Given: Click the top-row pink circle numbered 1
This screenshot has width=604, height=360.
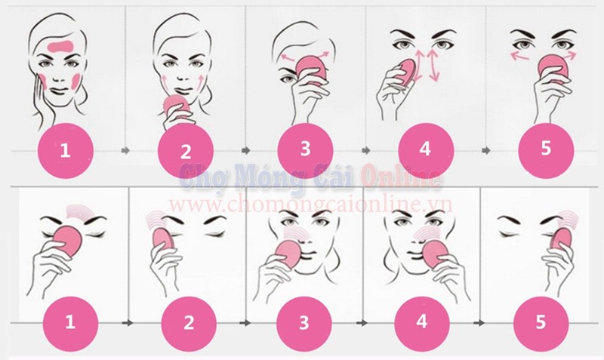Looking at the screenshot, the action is point(66,150).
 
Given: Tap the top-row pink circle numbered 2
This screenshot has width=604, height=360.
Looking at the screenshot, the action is point(186,150).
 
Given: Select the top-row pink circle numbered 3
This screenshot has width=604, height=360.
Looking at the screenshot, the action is point(305,149).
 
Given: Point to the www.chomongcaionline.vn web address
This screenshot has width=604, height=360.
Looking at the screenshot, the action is point(310,205).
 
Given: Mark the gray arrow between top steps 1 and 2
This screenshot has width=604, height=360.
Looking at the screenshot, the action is point(125,150).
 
